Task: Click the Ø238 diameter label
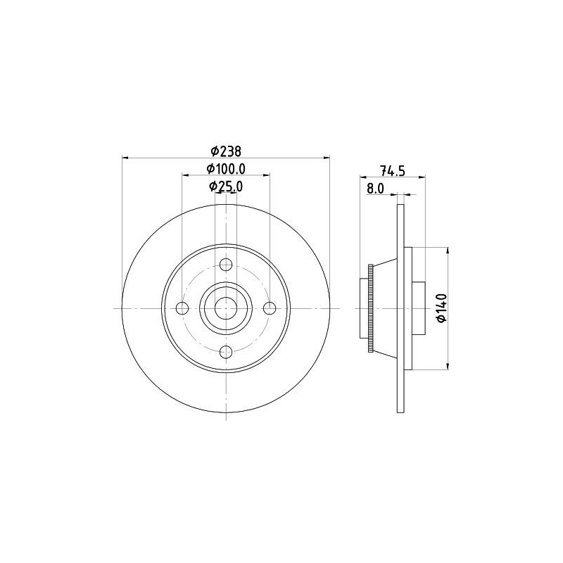[226, 151]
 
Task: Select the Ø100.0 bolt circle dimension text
[226, 168]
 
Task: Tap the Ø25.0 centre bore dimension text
[226, 186]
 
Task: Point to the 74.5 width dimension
[393, 170]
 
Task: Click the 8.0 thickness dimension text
[375, 189]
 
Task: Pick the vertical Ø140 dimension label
[442, 308]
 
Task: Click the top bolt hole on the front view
[226, 265]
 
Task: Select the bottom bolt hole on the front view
[226, 352]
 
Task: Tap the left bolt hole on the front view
[182, 308]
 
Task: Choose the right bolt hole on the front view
[270, 308]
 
